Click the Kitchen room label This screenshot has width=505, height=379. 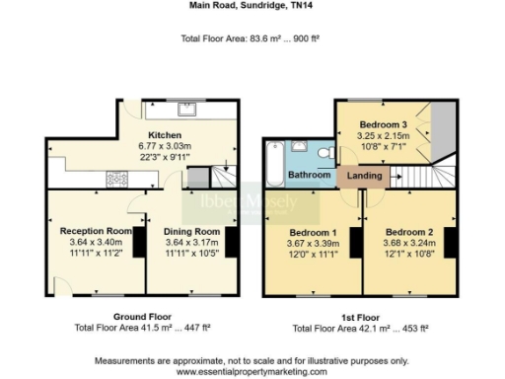(164, 135)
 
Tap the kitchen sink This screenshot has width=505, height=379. (185, 108)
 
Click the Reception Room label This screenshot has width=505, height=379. (89, 231)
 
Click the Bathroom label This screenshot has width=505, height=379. (309, 175)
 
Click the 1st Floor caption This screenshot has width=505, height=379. (361, 317)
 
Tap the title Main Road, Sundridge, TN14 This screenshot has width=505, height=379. (252, 5)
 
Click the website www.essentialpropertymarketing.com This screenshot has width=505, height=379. (252, 371)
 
